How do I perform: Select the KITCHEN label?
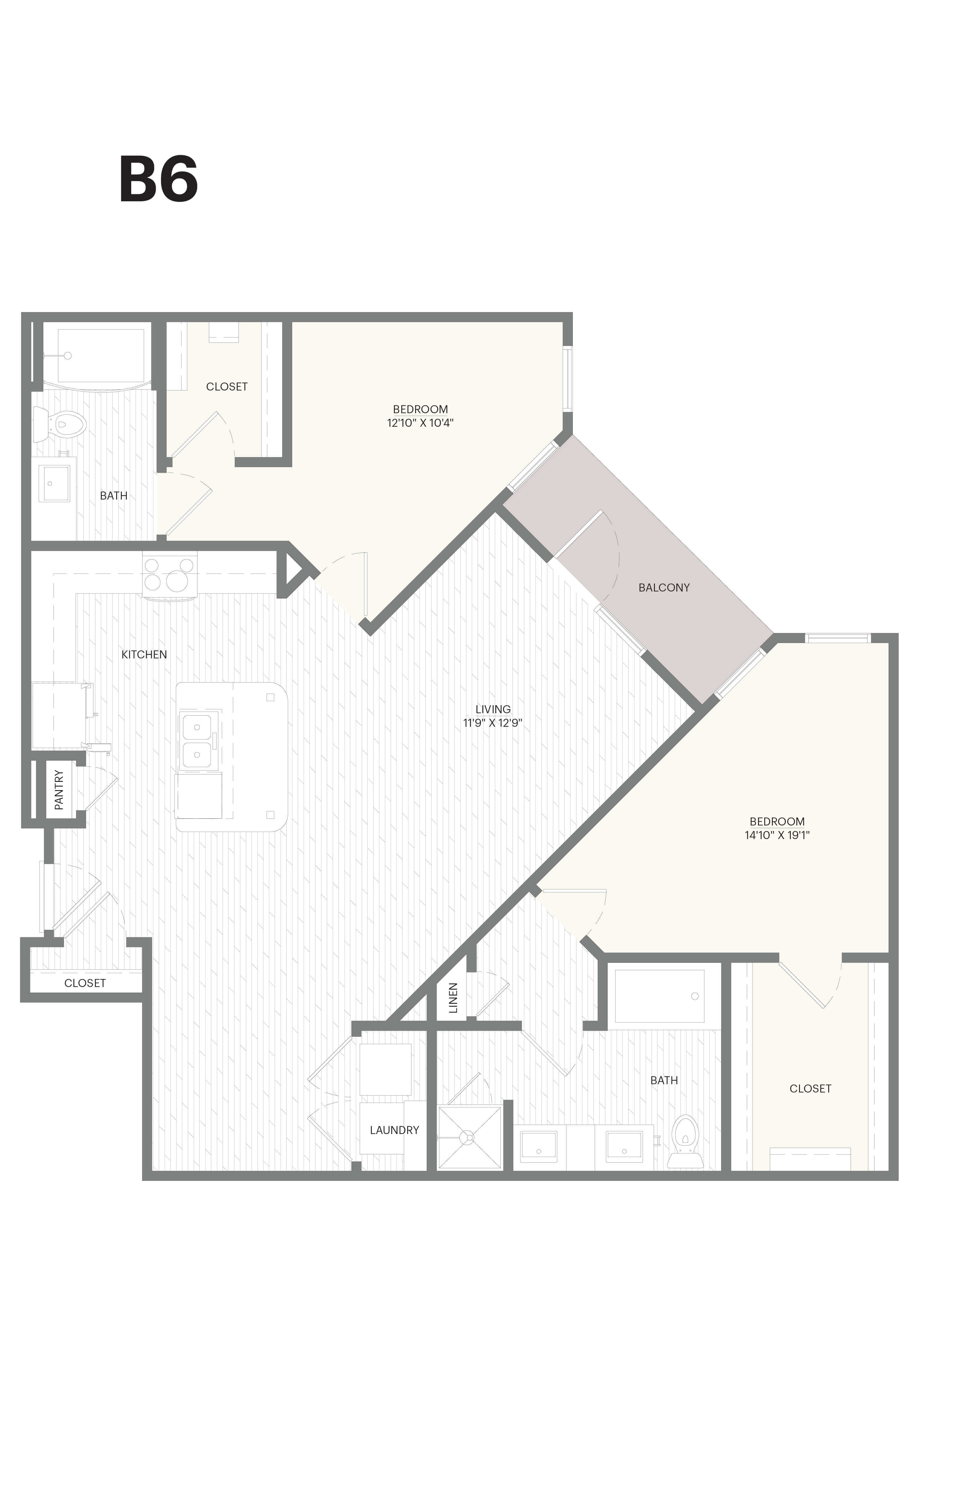click(x=144, y=654)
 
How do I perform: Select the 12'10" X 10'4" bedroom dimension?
click(x=420, y=423)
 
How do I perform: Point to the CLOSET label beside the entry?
click(x=85, y=983)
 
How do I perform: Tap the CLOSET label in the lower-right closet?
click(x=810, y=1088)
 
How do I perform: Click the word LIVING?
click(x=493, y=709)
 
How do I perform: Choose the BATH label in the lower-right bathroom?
click(x=664, y=1080)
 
